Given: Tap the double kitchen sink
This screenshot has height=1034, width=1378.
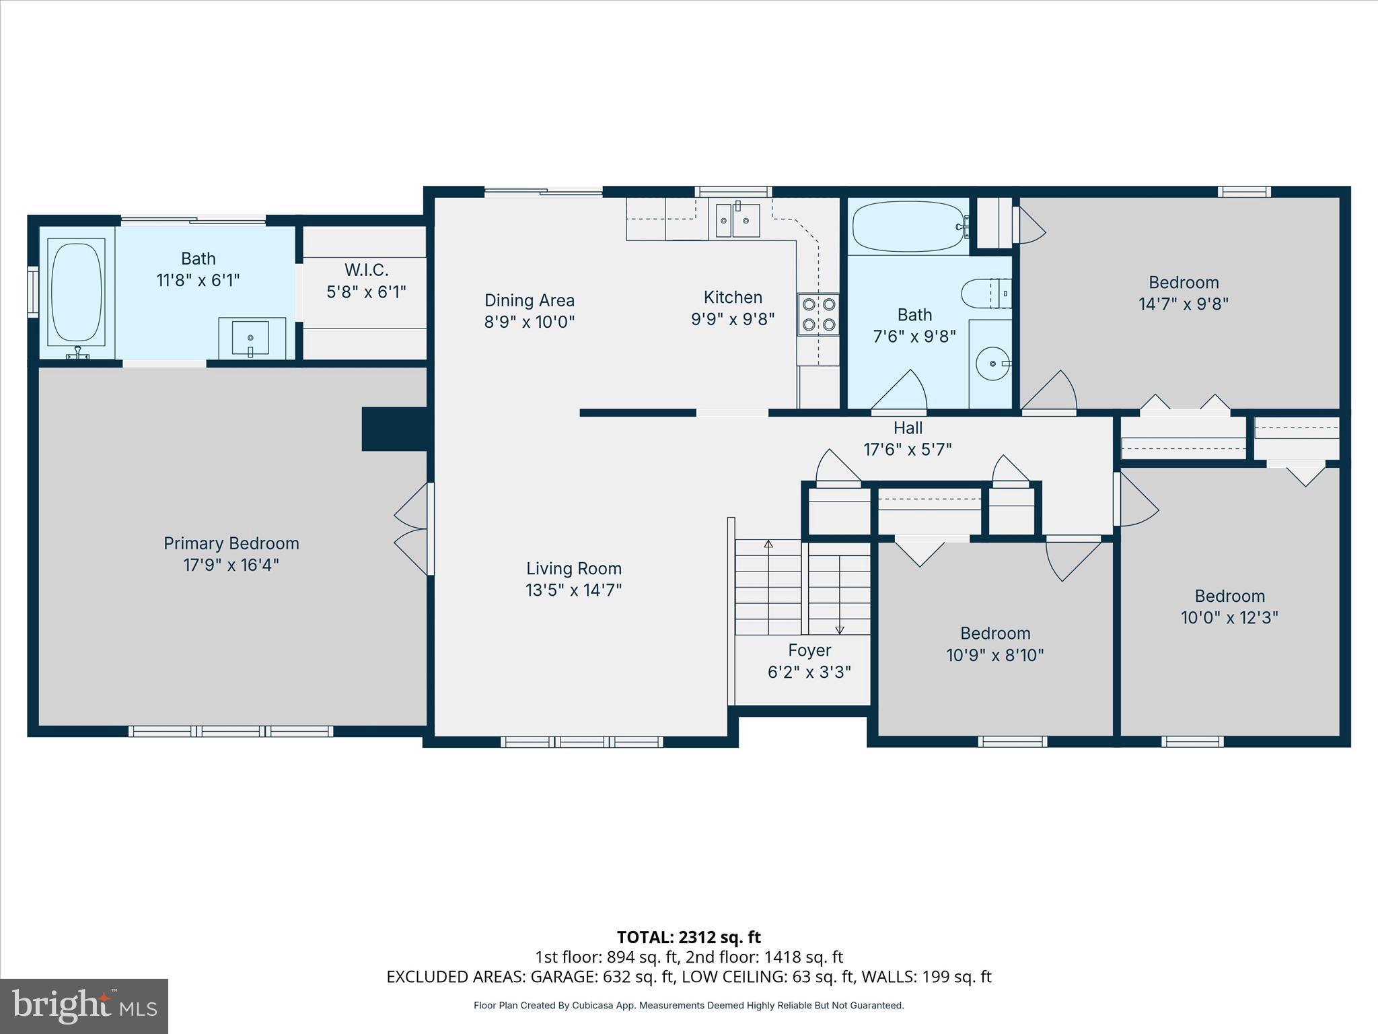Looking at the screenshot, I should click(x=737, y=221).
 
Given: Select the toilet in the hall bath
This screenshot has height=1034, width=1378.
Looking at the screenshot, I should click(x=986, y=294).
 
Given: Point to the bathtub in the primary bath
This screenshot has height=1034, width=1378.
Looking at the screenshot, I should click(x=77, y=292).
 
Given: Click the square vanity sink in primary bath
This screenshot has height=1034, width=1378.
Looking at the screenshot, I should click(x=250, y=337).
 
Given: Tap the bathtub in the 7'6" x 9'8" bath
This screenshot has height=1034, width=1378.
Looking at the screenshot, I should click(x=908, y=227).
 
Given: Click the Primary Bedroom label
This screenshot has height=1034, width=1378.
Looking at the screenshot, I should click(x=231, y=543).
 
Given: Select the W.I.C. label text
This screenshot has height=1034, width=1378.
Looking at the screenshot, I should click(x=367, y=270).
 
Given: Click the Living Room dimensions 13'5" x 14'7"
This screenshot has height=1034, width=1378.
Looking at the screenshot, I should click(x=573, y=590).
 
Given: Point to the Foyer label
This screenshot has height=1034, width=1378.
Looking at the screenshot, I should click(x=809, y=650).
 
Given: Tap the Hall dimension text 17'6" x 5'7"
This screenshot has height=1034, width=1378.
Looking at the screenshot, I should click(x=908, y=449).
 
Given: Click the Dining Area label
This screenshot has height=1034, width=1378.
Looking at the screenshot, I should click(x=530, y=300).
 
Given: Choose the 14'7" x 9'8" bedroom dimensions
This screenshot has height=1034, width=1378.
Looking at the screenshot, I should click(x=1183, y=304).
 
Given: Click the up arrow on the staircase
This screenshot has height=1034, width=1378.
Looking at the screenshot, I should click(x=768, y=544).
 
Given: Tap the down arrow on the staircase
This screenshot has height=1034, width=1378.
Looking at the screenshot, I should click(x=840, y=629).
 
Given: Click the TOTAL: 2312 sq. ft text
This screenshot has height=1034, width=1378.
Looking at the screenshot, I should click(x=688, y=937).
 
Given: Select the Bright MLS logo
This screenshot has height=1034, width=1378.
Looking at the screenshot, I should click(x=84, y=1006).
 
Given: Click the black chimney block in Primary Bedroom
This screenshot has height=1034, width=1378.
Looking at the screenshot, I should click(x=394, y=429).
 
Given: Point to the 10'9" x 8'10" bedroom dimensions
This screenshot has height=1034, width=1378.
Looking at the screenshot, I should click(x=994, y=655).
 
